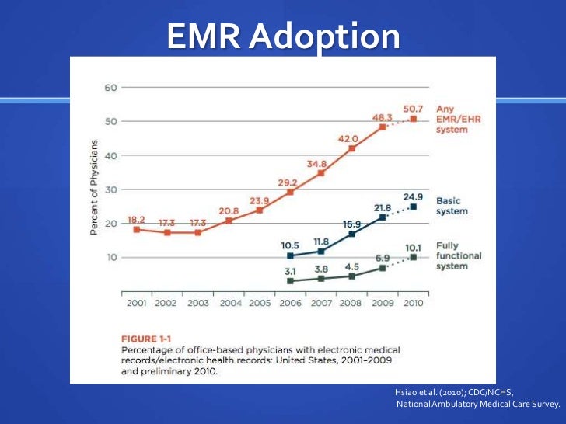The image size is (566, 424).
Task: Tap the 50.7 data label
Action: (x=413, y=107)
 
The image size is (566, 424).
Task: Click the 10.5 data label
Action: (x=290, y=245)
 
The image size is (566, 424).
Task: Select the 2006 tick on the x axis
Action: (x=290, y=303)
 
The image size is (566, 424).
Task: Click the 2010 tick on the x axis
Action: (x=413, y=303)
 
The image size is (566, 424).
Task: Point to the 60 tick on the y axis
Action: (x=110, y=87)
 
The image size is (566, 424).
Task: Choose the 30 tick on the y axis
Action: (x=110, y=189)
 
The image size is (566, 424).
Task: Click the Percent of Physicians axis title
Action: (x=94, y=187)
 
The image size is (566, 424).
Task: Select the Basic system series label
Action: (x=452, y=206)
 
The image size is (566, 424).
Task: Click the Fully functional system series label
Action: (x=459, y=255)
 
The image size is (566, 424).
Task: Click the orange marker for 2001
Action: (x=137, y=229)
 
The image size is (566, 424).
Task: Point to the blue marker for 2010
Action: (x=413, y=207)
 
